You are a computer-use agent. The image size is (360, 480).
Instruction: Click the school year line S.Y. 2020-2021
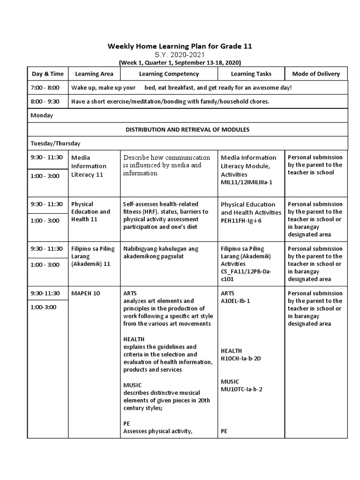[180, 55]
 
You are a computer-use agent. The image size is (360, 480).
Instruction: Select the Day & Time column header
[48, 74]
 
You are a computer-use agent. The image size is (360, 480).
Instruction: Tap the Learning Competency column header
[169, 74]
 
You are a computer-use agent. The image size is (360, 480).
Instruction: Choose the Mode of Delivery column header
[316, 74]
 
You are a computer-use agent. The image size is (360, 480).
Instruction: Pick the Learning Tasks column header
[251, 74]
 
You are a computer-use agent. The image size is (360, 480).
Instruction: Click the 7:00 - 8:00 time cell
[45, 88]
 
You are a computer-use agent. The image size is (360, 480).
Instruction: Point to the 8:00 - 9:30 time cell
[45, 101]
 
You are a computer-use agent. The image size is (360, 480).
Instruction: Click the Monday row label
[42, 115]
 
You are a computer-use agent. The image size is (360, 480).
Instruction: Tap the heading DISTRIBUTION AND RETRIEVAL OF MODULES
[187, 129]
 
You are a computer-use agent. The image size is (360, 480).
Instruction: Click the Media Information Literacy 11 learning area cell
[89, 166]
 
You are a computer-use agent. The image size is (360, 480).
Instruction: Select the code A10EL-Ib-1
[235, 301]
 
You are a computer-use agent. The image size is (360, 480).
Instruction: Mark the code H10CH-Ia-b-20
[241, 358]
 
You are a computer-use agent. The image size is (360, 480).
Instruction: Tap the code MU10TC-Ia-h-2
[241, 389]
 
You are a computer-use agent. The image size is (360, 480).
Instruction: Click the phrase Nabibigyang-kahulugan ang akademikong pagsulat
[161, 252]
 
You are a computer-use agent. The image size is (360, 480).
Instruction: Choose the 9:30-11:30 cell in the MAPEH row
[45, 293]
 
